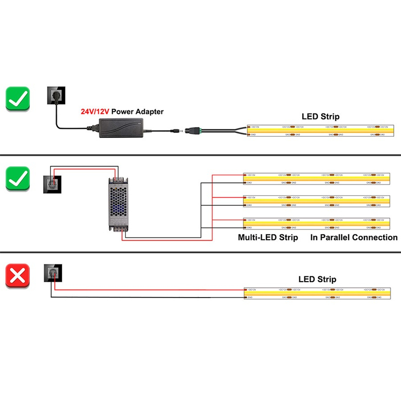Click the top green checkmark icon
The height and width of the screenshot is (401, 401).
click(18, 98)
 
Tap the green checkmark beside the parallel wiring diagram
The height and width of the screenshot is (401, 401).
click(18, 179)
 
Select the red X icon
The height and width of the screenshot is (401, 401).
click(18, 276)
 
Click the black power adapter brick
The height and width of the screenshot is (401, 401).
click(120, 127)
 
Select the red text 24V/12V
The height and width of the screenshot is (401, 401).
click(95, 112)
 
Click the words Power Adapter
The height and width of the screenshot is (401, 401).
click(137, 112)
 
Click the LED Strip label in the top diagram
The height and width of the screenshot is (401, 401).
click(320, 117)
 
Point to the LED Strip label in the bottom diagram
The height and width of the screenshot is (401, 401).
click(317, 279)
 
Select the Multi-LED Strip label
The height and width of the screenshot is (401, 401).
click(268, 237)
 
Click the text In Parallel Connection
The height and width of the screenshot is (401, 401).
click(354, 237)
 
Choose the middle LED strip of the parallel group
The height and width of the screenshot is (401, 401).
click(317, 201)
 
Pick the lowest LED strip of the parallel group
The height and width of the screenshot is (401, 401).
click(317, 224)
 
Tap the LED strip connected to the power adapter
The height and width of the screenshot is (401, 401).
click(320, 131)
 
